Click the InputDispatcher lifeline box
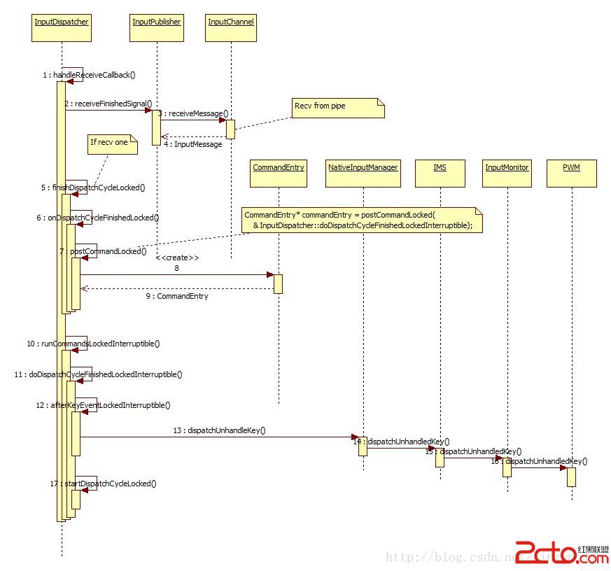(x=62, y=27)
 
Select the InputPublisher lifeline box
(x=157, y=27)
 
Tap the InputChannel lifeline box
(x=231, y=27)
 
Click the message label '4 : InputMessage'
(x=193, y=144)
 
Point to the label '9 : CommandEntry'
(x=177, y=296)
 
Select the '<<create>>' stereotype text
(x=177, y=258)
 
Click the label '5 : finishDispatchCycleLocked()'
(x=93, y=188)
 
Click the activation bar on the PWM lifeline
(x=571, y=477)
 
